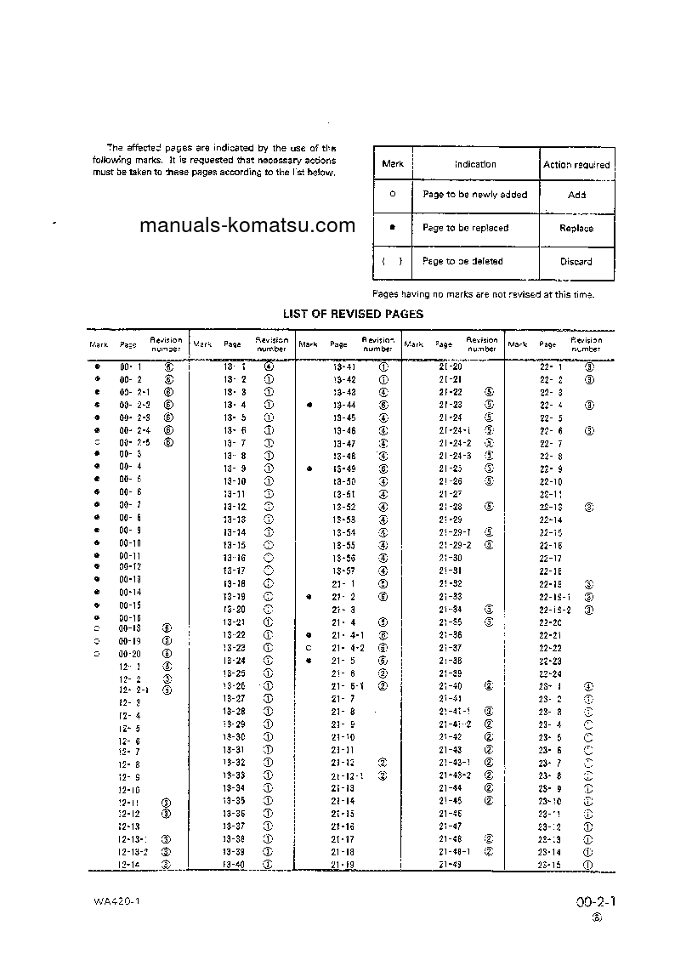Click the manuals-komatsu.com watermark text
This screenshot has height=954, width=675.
click(247, 225)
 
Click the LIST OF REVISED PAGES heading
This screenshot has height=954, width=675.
click(353, 314)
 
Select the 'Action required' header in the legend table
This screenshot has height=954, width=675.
click(576, 164)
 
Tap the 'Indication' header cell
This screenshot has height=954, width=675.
click(475, 164)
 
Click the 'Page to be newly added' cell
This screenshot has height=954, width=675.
click(474, 195)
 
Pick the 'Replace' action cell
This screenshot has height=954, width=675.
click(576, 228)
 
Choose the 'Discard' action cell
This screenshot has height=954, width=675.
click(576, 261)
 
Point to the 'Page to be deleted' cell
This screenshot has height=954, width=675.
click(462, 261)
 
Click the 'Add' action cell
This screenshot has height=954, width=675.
click(576, 195)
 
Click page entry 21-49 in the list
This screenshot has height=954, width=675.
click(451, 865)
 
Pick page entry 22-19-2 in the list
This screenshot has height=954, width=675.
click(555, 610)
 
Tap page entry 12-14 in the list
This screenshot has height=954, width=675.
click(129, 865)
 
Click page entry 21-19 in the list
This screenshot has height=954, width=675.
click(343, 865)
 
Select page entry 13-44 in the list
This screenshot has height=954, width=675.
click(344, 405)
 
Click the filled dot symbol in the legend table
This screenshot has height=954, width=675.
click(392, 228)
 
